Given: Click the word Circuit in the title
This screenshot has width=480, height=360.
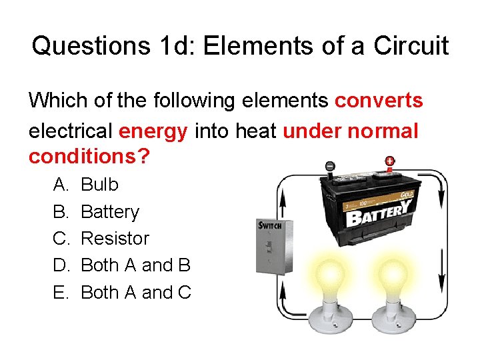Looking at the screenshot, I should click(411, 46).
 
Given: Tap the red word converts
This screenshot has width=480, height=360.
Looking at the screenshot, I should click(379, 101).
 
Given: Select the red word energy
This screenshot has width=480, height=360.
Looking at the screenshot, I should click(153, 131).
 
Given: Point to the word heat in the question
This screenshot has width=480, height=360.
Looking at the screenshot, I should click(257, 131).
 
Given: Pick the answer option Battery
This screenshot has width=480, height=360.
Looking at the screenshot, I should click(109, 212).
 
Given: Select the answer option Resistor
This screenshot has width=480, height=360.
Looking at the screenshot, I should click(115, 239).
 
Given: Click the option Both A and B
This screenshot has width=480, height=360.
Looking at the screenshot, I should click(135, 265).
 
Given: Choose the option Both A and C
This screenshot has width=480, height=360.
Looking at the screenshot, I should click(135, 293).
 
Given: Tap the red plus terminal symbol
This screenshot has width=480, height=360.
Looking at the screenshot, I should click(389, 161).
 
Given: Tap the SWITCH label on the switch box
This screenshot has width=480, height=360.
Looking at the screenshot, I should click(270, 225).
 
